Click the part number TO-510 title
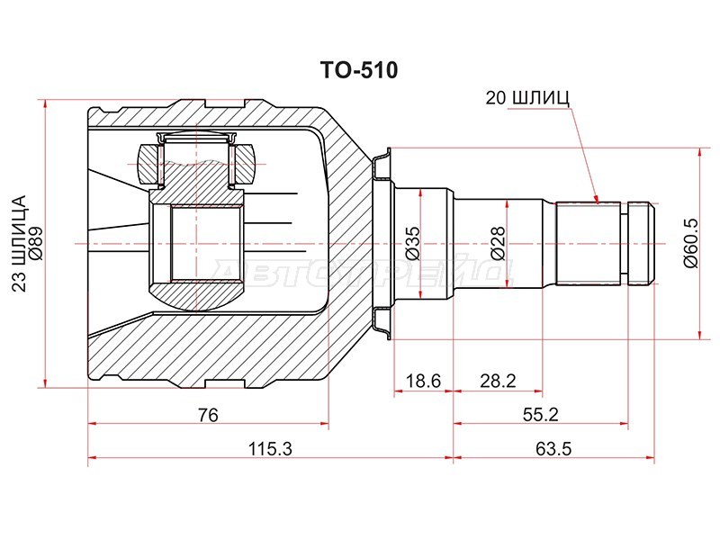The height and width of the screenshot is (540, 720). tap(359, 71)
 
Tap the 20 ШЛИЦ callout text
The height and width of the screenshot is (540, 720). tap(527, 97)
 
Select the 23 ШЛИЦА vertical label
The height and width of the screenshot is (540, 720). tap(19, 244)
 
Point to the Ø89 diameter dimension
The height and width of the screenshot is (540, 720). tap(36, 244)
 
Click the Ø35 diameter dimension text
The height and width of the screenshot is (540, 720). tap(412, 243)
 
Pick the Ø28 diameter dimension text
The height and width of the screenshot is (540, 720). tap(498, 243)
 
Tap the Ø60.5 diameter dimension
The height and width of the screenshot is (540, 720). tap(690, 243)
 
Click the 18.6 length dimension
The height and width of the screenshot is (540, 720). tap(423, 381)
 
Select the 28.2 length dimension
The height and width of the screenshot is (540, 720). tap(499, 381)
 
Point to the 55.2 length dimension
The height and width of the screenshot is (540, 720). tap(541, 415)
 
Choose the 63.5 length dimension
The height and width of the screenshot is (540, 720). tap(553, 448)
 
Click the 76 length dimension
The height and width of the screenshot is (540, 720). tap(208, 415)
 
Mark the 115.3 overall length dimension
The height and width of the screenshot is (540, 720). tap(271, 448)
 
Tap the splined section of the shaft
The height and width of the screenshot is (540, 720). tap(589, 243)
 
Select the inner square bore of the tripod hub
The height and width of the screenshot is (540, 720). tap(206, 244)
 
